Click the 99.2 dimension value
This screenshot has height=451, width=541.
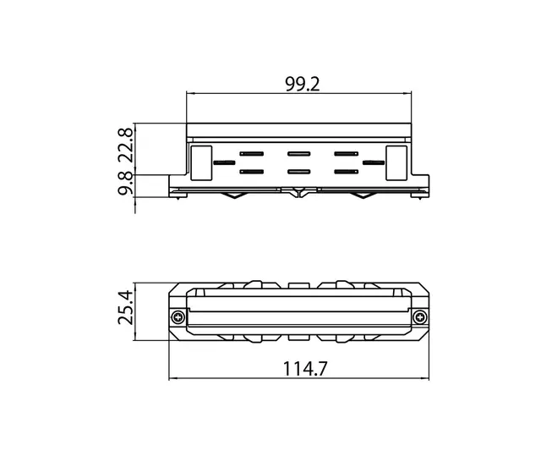coord(303,85)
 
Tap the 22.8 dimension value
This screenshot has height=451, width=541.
coord(125,146)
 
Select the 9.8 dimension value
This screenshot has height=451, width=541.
coord(125,183)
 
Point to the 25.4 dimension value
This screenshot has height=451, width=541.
coord(125,307)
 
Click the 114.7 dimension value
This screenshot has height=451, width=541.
coord(304,368)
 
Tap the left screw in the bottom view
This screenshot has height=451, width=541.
coord(178,316)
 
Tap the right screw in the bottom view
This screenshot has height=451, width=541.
coord(419,316)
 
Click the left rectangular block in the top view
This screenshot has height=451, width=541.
coord(201,163)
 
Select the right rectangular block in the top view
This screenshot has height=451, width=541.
coord(396,163)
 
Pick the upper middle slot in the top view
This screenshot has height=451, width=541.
coord(298,154)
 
